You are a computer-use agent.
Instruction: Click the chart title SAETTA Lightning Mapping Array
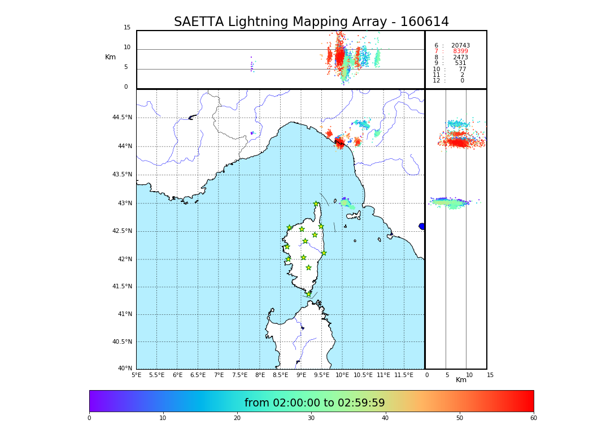311,22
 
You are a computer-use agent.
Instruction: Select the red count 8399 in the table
460,51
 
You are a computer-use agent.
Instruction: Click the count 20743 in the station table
460,45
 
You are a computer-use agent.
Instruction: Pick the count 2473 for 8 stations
460,57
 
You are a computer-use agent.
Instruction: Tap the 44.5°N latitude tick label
122,118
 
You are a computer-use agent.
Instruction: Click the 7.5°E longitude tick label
239,375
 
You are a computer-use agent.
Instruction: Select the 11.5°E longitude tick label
404,375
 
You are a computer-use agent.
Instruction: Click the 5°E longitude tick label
137,375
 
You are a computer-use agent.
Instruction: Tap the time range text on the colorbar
315,403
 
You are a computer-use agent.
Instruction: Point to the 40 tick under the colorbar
385,418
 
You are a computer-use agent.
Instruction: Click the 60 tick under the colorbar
533,418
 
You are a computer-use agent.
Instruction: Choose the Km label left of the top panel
110,57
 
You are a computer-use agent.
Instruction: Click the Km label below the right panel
461,380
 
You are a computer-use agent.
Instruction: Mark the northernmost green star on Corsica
316,204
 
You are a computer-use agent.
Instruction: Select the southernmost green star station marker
308,294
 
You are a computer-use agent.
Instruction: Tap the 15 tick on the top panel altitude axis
127,28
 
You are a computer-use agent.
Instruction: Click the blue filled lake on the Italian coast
422,226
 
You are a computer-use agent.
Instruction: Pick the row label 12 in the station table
437,81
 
